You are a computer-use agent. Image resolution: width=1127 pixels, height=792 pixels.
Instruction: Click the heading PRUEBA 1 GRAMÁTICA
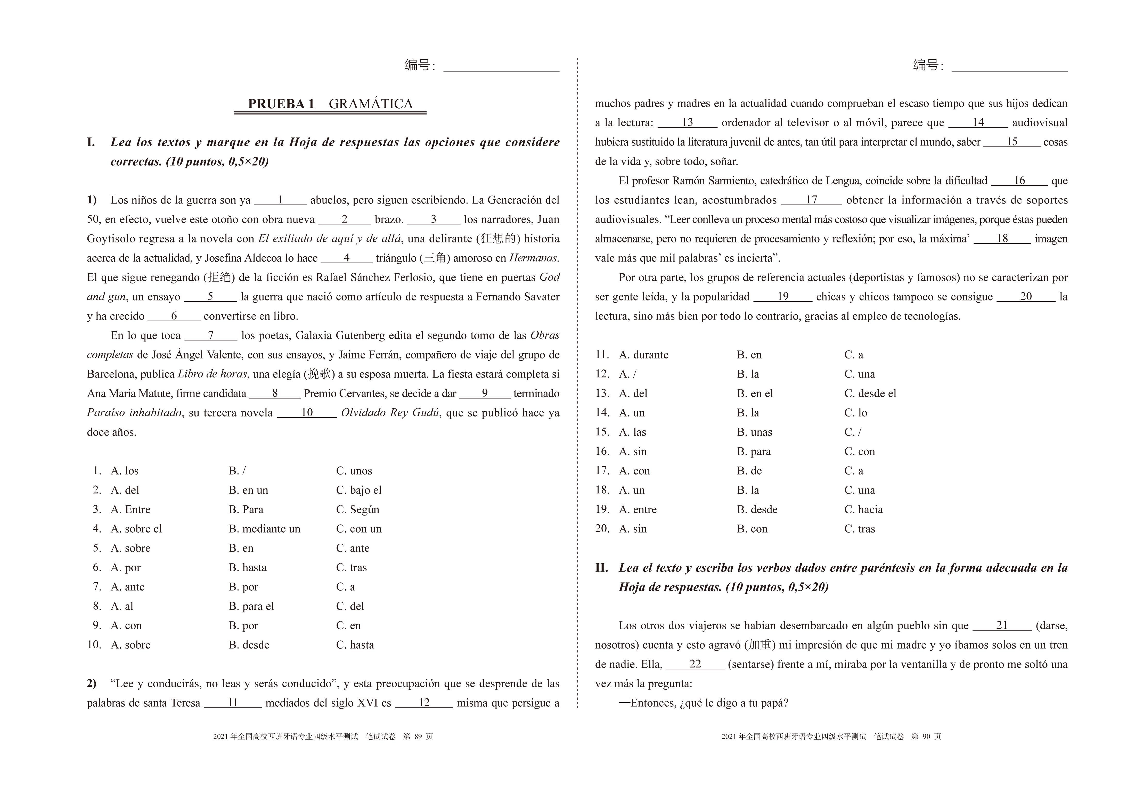tap(330, 104)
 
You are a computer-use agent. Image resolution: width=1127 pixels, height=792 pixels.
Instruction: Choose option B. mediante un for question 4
tap(264, 528)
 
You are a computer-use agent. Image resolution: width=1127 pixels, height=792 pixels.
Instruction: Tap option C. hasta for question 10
tap(355, 645)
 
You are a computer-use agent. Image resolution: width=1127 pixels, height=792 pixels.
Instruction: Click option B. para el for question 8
tap(251, 606)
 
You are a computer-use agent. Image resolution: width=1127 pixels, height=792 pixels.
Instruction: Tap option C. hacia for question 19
tap(863, 509)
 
